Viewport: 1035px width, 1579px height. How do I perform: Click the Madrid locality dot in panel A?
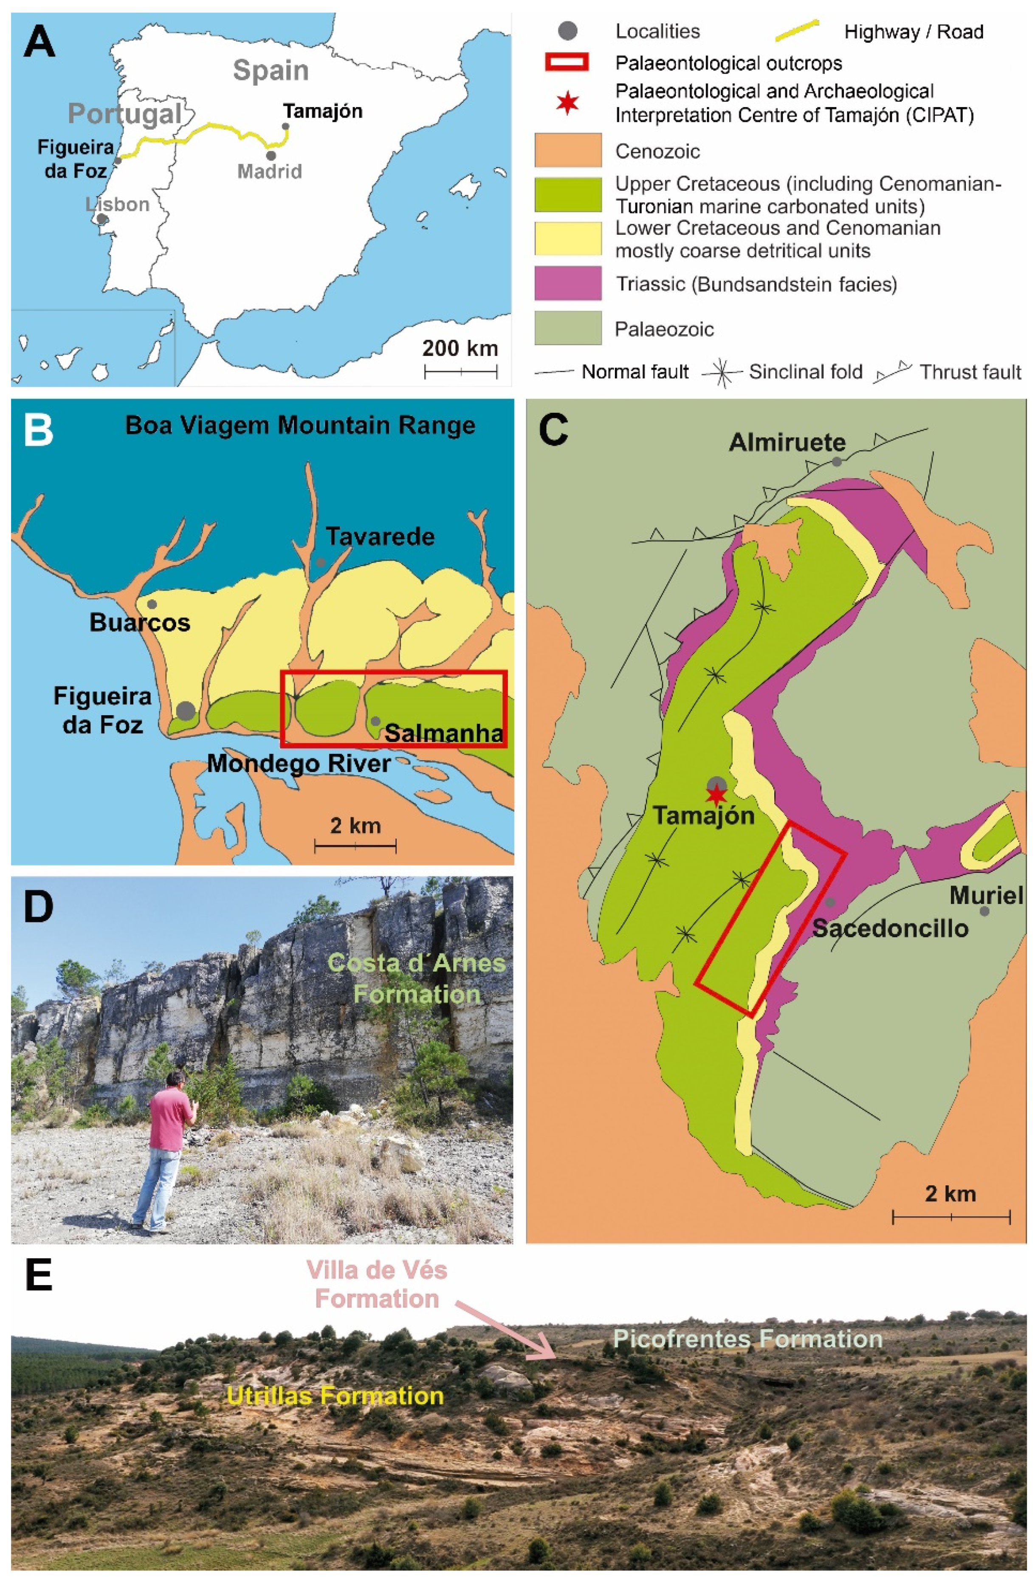[271, 156]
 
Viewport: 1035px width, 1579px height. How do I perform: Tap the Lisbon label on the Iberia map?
[118, 204]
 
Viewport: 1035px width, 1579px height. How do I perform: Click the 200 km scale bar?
[460, 372]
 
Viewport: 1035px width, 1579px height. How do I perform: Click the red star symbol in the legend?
[568, 104]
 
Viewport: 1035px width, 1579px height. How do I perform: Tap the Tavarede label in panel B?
[380, 536]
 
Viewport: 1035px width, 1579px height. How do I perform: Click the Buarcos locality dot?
[152, 604]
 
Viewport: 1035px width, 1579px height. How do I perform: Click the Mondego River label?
[299, 764]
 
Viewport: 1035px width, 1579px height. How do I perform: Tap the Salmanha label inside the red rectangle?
[443, 734]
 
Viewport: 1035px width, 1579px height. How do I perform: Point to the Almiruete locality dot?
[837, 461]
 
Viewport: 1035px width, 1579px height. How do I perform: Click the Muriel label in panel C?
[986, 896]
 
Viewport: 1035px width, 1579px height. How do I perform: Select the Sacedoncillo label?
[890, 928]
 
